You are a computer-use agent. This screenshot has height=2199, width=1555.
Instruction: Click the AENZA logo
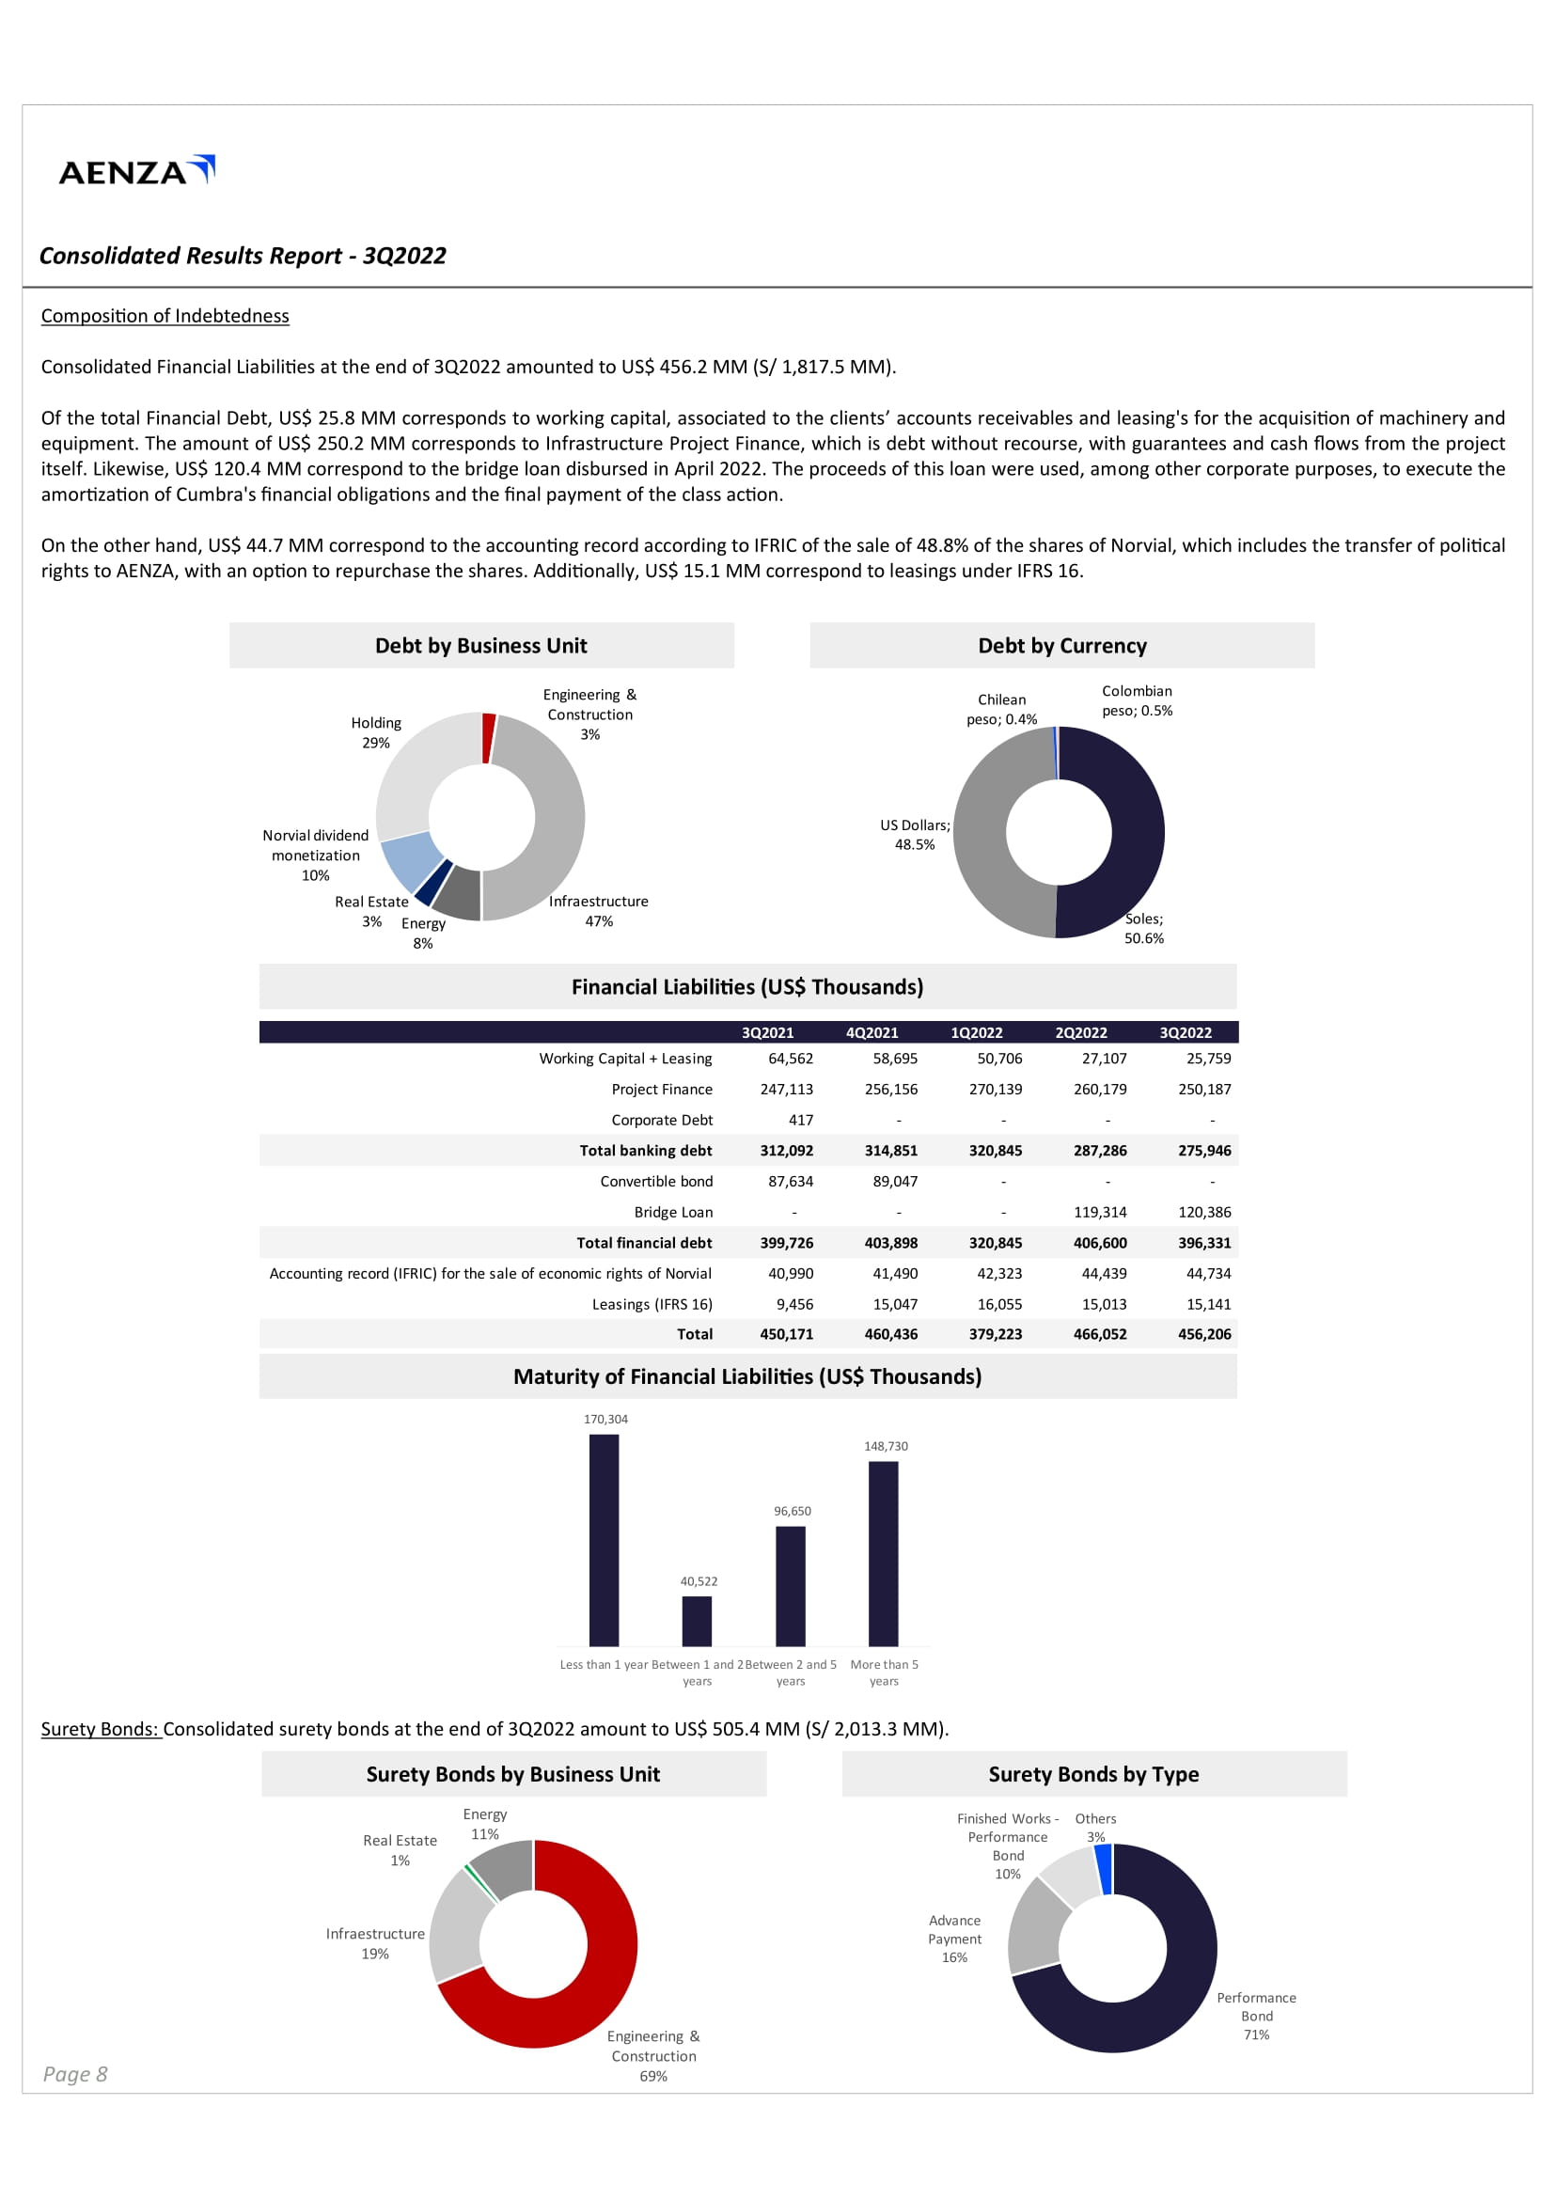136,170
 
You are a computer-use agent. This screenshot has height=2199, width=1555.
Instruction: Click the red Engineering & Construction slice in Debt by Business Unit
488,737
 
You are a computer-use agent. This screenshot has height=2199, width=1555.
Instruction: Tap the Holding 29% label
375,732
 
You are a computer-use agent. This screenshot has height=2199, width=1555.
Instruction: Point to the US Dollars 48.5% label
915,834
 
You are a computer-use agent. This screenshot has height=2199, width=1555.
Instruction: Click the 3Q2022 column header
1185,1032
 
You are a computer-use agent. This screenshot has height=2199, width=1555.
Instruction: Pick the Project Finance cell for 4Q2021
890,1089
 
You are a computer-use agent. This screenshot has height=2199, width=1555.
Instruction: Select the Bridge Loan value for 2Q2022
1099,1212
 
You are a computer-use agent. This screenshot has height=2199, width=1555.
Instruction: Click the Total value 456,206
1203,1334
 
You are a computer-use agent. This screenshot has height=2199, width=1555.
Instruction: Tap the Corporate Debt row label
662,1120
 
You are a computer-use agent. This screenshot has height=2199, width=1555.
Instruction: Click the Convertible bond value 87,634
790,1181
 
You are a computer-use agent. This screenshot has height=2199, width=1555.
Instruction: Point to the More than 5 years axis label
884,1673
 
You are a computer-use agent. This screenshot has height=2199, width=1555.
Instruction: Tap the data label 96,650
792,1512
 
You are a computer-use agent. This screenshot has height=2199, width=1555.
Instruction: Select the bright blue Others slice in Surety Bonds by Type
1103,1869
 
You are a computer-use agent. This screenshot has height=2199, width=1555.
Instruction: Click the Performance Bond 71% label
1255,2016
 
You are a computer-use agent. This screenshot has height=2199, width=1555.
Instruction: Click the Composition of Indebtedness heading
165,316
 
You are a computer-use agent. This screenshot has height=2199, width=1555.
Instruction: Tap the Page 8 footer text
74,2075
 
